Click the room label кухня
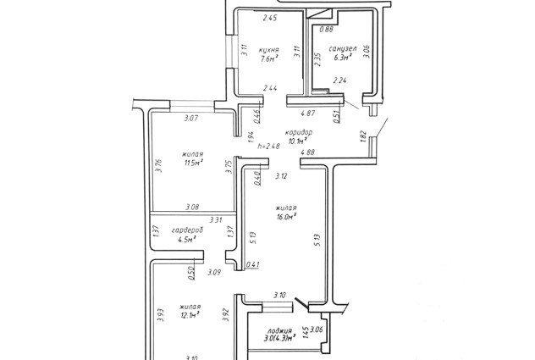point(270,49)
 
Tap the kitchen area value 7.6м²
point(270,59)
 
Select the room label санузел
point(342,49)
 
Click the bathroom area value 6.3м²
point(342,59)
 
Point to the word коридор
point(300,133)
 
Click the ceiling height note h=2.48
point(268,146)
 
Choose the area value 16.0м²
point(286,216)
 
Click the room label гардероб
point(185,230)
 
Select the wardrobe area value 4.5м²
point(186,241)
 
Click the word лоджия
point(279,331)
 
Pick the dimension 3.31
point(216,220)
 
